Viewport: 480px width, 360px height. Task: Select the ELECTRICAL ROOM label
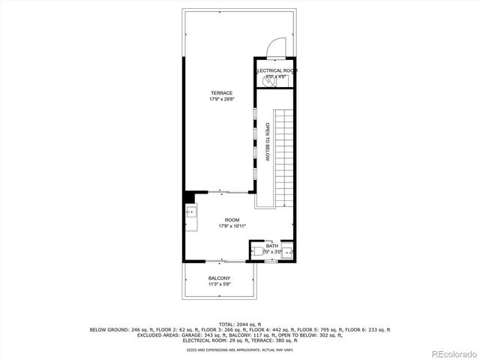pyautogui.click(x=276, y=70)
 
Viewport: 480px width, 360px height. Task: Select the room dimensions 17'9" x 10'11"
pyautogui.click(x=232, y=226)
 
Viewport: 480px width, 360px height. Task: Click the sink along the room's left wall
pyautogui.click(x=190, y=212)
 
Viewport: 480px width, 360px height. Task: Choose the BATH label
pyautogui.click(x=271, y=246)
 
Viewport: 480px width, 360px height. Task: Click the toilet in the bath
pyautogui.click(x=255, y=252)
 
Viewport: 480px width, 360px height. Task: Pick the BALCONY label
pyautogui.click(x=220, y=278)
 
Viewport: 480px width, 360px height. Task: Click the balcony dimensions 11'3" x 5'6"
pyautogui.click(x=220, y=284)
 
